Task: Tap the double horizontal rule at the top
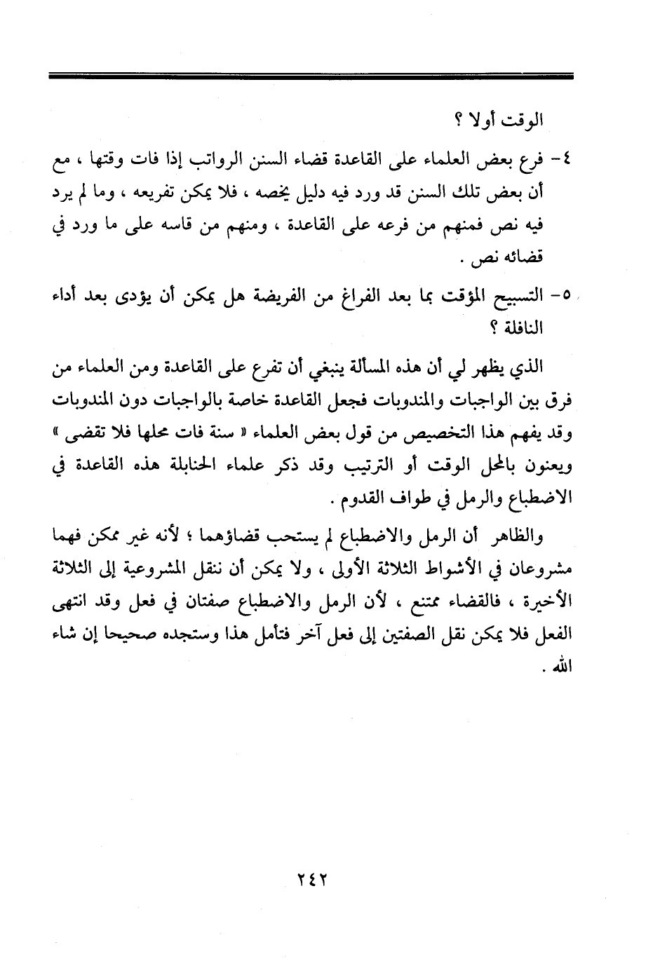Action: (x=311, y=75)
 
